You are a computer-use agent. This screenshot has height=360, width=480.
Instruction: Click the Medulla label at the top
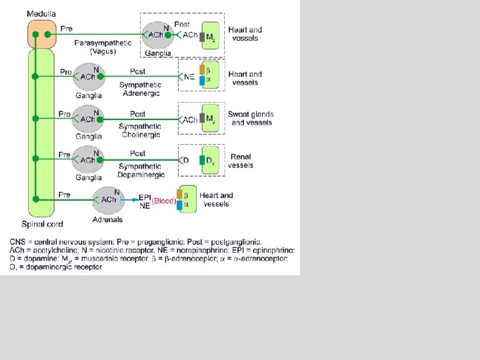(x=41, y=13)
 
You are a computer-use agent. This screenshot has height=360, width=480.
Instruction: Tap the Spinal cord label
(x=42, y=224)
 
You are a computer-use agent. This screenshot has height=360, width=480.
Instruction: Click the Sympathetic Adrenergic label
(x=140, y=89)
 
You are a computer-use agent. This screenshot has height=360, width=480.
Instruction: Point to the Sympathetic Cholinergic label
(x=140, y=131)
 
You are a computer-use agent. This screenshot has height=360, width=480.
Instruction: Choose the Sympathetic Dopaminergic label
(x=140, y=171)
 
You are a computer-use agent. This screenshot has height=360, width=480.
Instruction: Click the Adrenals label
(x=107, y=219)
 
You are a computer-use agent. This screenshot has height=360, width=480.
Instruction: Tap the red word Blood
(x=164, y=201)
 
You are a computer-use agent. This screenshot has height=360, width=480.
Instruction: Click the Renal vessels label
(x=241, y=161)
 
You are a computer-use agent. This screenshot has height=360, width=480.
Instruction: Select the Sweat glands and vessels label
(x=251, y=118)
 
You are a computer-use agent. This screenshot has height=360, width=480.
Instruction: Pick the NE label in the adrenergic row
(x=189, y=77)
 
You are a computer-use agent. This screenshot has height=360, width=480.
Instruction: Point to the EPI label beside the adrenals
(x=145, y=197)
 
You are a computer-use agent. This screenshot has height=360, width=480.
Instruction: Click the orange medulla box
(x=41, y=34)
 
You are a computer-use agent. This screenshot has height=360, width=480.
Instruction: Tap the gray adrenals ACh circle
(x=108, y=200)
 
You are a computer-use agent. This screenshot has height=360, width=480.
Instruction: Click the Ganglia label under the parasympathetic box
(x=158, y=53)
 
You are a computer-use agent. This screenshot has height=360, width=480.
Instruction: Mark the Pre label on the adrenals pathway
(x=65, y=195)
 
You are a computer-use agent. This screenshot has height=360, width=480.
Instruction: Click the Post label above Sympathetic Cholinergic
(x=137, y=113)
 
